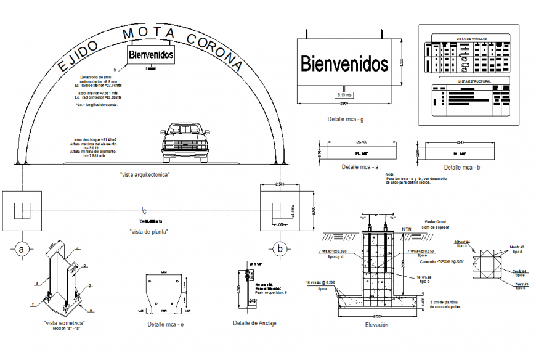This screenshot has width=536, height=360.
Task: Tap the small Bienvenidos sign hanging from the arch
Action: [x=150, y=55]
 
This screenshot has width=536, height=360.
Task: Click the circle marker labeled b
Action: [x=280, y=249]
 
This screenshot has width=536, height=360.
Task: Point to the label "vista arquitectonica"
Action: [x=145, y=174]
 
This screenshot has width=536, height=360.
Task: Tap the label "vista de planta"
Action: [x=148, y=231]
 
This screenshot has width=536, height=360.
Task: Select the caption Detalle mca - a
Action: [x=360, y=167]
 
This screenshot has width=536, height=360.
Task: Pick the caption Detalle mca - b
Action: [x=463, y=167]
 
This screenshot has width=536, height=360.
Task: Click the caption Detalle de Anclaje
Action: [x=254, y=323]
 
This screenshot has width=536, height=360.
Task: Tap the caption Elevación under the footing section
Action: [x=376, y=325]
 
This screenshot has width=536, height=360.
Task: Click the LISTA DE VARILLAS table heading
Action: [x=471, y=38]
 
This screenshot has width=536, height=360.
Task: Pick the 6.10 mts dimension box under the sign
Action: [x=344, y=95]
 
